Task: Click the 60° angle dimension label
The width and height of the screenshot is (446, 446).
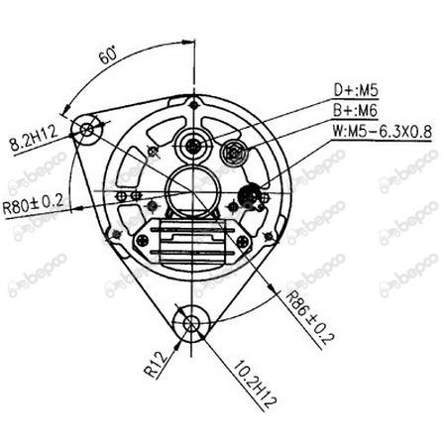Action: click(x=108, y=55)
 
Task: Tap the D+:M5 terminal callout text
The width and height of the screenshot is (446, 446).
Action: click(x=356, y=90)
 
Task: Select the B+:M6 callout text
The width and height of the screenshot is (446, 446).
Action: click(x=355, y=110)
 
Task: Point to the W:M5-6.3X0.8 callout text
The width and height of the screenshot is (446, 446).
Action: click(x=382, y=132)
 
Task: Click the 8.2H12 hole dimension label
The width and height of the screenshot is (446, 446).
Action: click(x=34, y=138)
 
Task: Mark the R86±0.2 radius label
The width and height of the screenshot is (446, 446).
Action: click(x=309, y=317)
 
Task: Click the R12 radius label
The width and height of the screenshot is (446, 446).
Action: click(x=156, y=365)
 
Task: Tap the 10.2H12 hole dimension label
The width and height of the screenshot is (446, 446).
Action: click(x=255, y=384)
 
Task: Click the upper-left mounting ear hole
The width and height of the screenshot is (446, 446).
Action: click(x=87, y=130)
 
